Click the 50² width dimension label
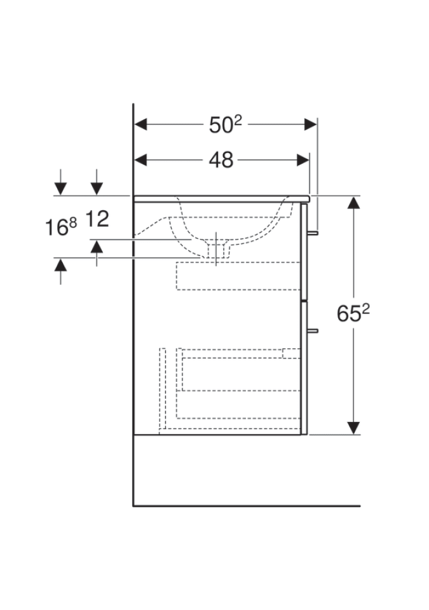226,125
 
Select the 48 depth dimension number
221,160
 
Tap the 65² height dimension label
353,313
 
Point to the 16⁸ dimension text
61,227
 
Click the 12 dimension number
97,219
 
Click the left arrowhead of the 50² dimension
140,125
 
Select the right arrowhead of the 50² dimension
310,125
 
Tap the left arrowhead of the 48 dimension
140,160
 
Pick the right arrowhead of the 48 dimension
303,160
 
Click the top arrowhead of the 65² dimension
353,202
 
